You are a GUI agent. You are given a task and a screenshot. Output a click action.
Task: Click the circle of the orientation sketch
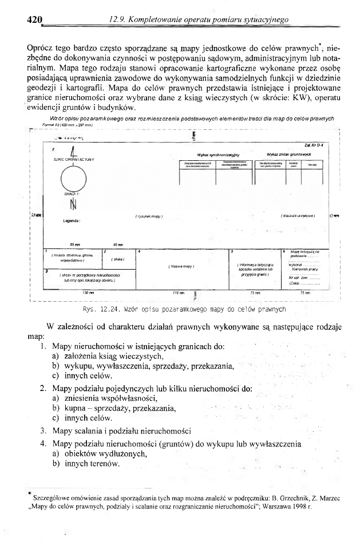[x=73, y=182]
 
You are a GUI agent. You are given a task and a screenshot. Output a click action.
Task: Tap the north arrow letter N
[x=73, y=204]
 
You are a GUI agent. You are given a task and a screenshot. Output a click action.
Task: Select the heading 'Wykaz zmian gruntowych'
[x=290, y=155]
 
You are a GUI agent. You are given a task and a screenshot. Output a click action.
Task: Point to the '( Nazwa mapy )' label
[x=183, y=266]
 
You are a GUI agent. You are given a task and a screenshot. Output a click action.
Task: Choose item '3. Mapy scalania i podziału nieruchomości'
[x=121, y=431]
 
